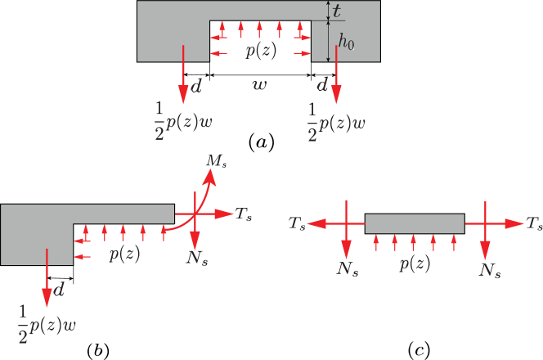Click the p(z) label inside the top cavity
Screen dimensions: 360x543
(x=261, y=51)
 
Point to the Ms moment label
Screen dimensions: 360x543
(x=215, y=160)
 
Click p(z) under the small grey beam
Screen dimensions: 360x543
(x=415, y=264)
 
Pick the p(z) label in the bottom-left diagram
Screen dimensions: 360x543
(x=124, y=254)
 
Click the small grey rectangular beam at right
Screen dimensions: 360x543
(x=415, y=223)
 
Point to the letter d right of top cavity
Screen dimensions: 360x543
(x=322, y=84)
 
